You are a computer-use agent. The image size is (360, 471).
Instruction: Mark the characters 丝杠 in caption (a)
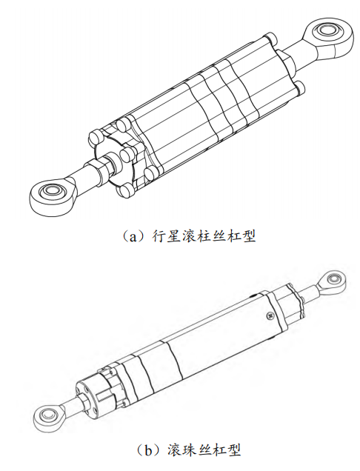pyautogui.click(x=226, y=237)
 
